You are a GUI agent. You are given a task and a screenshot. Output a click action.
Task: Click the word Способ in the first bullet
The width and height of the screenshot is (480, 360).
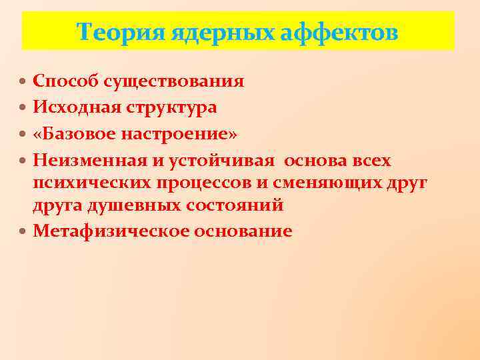[64, 81]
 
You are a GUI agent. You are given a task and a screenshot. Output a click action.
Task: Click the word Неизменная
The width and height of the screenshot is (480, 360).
[81, 160]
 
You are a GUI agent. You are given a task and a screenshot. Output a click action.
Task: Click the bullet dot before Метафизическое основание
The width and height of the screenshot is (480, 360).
[24, 231]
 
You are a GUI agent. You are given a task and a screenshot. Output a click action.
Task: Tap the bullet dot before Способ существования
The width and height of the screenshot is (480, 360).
[24, 82]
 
